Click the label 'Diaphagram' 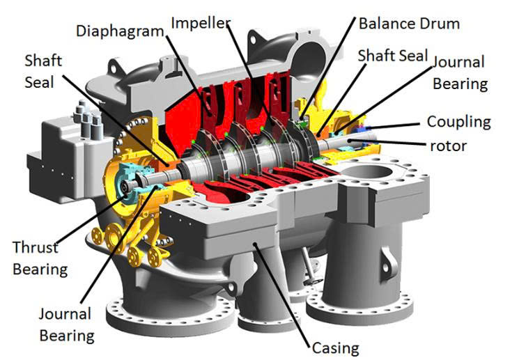pos(120,32)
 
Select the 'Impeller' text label pos(201,23)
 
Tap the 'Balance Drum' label pos(409,24)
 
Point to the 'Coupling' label pos(459,123)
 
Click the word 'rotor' pos(448,146)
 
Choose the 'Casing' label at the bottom pos(335,348)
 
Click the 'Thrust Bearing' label pos(40,258)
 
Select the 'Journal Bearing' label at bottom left pos(67,324)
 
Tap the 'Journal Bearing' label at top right pos(460,73)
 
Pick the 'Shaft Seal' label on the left pos(43,72)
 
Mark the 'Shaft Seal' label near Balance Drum pos(393,56)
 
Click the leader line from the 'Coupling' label pos(394,126)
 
